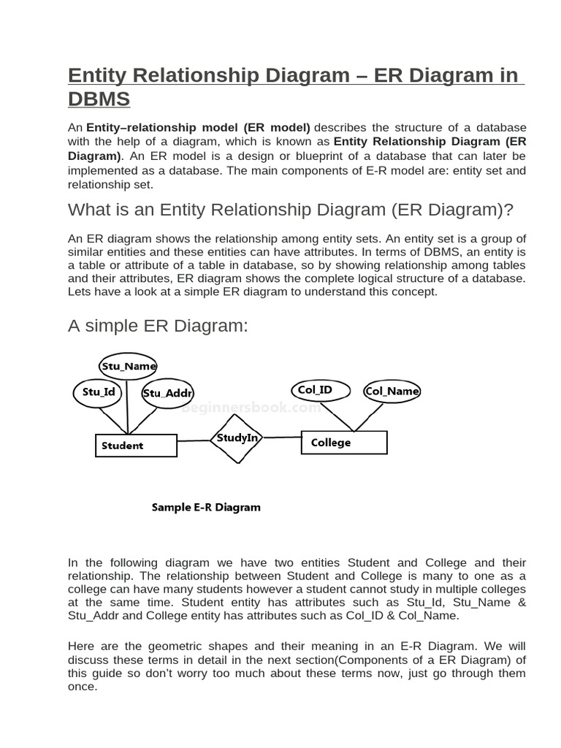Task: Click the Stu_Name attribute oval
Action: [128, 366]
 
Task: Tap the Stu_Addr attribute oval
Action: [167, 393]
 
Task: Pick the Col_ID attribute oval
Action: [315, 390]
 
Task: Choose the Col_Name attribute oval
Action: [392, 391]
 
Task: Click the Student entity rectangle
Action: [137, 446]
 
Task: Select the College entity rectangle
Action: [344, 443]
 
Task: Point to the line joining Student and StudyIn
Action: [194, 440]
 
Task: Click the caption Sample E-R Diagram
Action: [206, 507]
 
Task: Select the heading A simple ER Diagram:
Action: [158, 326]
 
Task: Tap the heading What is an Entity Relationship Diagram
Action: [291, 210]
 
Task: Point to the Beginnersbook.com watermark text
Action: [251, 409]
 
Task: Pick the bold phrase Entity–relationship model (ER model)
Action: [199, 127]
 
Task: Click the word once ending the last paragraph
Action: [82, 687]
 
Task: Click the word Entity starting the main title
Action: [100, 75]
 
